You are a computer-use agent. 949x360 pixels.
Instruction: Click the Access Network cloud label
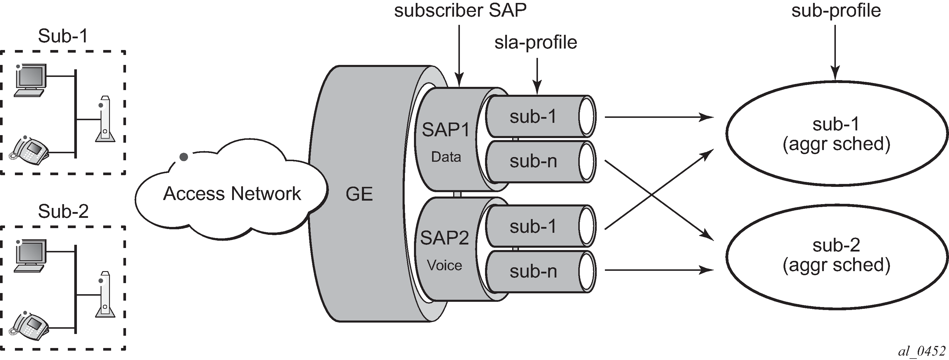[x=232, y=194]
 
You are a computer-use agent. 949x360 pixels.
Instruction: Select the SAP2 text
[x=444, y=238]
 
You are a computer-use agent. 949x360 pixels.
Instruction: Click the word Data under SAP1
[x=446, y=157]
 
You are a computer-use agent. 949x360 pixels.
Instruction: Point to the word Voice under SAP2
[x=444, y=265]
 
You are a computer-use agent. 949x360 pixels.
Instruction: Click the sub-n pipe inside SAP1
[x=533, y=161]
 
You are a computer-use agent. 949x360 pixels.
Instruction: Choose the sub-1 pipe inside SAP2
[x=533, y=227]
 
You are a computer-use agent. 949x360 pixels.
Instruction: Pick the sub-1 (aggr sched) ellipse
[x=836, y=134]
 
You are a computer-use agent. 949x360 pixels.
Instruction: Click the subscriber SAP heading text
[x=460, y=10]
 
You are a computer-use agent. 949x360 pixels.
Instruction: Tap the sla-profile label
[x=535, y=42]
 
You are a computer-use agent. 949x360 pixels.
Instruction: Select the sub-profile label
[x=836, y=10]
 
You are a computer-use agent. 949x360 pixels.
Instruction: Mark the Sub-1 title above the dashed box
[x=63, y=36]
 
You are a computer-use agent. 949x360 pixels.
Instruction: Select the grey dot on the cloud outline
[x=184, y=157]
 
